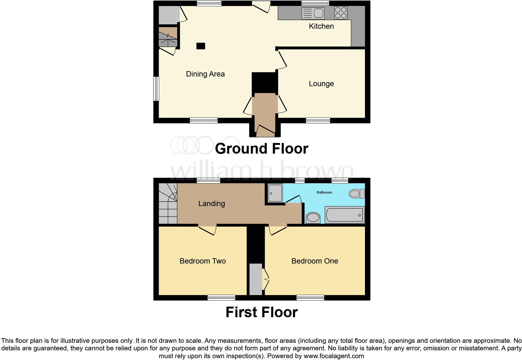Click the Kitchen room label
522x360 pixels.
[321, 26]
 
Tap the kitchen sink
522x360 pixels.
[313, 13]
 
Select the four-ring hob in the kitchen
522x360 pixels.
[341, 13]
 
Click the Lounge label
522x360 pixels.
[321, 84]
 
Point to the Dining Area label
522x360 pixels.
[205, 74]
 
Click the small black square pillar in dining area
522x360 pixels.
[200, 46]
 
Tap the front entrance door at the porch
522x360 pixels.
[265, 130]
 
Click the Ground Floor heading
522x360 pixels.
[261, 149]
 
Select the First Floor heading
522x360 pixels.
[261, 312]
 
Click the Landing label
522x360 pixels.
[211, 204]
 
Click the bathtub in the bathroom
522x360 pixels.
[344, 215]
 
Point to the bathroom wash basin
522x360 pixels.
[313, 218]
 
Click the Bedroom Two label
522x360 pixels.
[203, 261]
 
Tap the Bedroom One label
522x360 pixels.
[314, 261]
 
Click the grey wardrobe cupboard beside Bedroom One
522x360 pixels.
[256, 279]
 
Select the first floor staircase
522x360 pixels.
[168, 204]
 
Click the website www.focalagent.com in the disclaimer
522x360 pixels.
[334, 356]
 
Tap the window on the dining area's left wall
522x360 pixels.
[156, 89]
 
